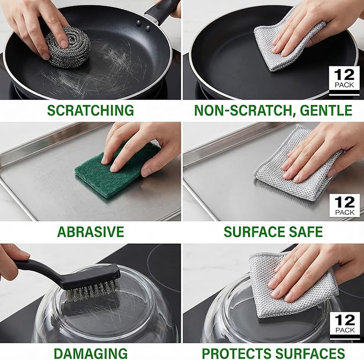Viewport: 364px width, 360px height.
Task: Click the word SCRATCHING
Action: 90,111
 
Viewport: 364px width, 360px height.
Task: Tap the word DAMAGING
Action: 90,352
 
